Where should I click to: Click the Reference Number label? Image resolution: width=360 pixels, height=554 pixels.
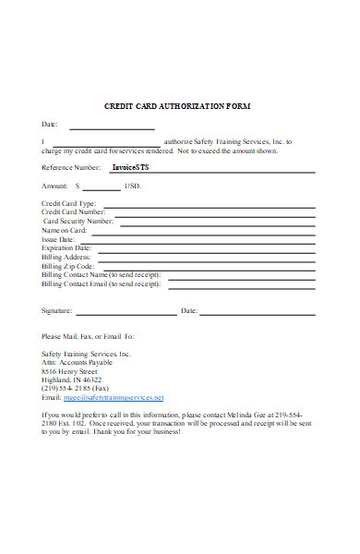pos(71,167)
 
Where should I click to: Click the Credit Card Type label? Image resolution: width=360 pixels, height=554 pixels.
pos(68,203)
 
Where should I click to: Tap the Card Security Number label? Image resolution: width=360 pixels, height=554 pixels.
pos(78,221)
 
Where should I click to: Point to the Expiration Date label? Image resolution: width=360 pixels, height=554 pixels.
pos(66,247)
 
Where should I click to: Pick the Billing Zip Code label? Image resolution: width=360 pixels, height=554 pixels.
pos(69,265)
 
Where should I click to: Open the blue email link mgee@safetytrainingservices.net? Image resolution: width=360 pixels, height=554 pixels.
pos(113,397)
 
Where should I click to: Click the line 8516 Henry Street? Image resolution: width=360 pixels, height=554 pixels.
pos(69,371)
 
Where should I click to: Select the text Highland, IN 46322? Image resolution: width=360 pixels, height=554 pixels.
pos(72,379)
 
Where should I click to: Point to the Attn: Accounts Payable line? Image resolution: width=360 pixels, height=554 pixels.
pos(76,363)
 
